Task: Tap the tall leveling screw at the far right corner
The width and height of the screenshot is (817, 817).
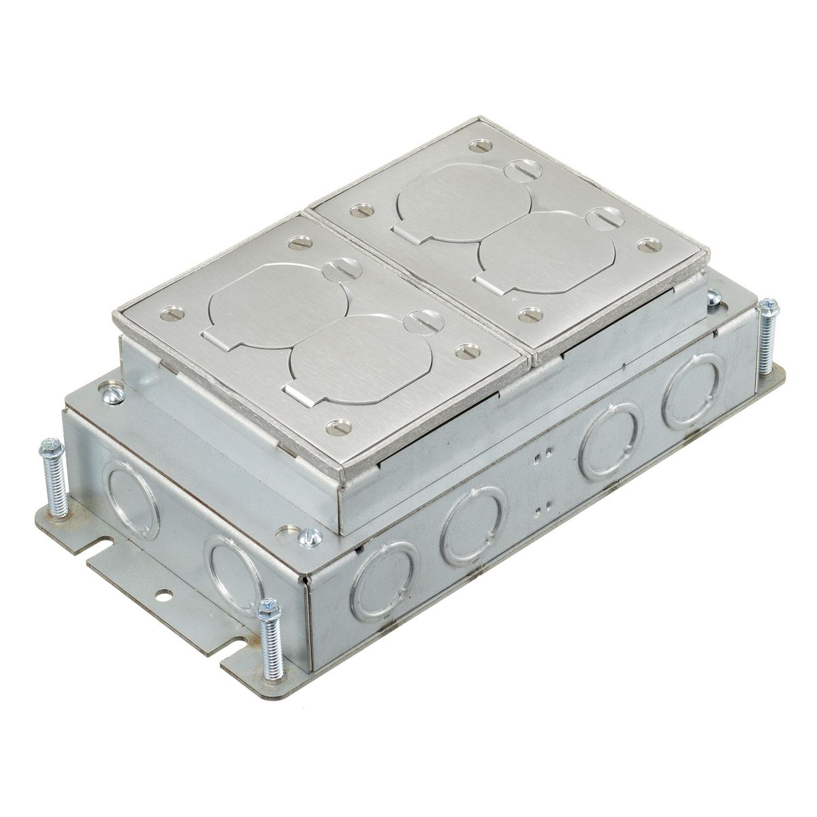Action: [x=768, y=334]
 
